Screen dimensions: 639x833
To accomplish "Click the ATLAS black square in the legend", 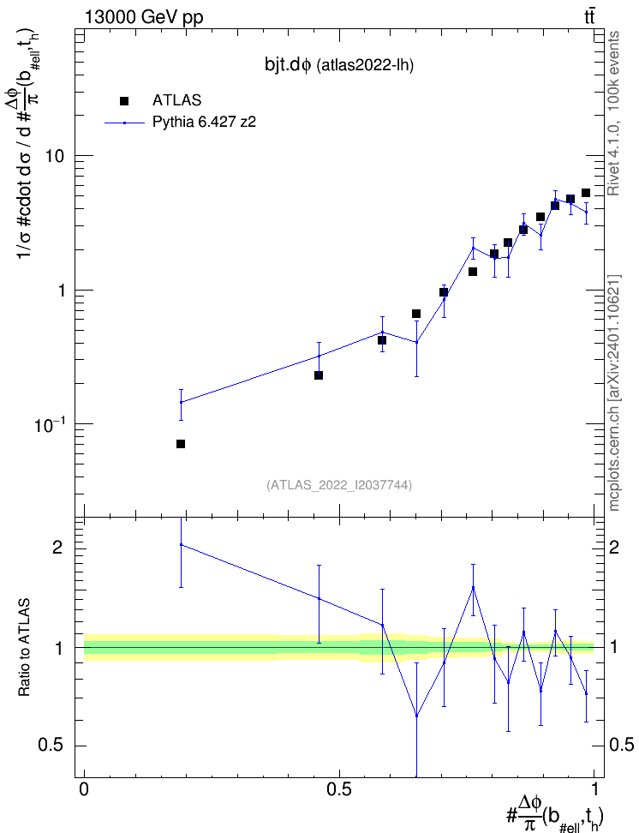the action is (124, 101).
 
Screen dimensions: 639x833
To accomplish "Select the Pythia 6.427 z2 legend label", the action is (204, 123).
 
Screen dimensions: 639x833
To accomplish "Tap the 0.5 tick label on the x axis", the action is (339, 789).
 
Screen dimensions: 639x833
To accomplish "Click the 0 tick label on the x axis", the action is (84, 789).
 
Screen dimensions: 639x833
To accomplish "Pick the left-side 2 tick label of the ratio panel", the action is (57, 548).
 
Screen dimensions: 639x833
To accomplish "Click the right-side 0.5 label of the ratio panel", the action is (621, 745).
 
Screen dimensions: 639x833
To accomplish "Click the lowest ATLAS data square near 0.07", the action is (181, 444).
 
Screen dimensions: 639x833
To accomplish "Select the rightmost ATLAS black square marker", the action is (586, 193).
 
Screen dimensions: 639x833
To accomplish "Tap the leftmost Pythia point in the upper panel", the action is (181, 402).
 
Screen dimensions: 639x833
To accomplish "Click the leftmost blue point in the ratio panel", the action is (181, 544).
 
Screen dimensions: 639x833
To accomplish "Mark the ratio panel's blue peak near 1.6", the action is (473, 588).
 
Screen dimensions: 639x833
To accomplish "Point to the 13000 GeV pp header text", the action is (144, 17).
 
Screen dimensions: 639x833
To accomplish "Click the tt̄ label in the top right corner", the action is (589, 17).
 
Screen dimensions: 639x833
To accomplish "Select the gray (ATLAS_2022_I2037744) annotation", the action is (339, 485).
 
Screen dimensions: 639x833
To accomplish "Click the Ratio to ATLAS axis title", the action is (24, 647).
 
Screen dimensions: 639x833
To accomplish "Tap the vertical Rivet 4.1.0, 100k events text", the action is (613, 113).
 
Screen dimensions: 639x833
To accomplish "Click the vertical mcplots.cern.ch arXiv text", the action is (614, 393).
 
